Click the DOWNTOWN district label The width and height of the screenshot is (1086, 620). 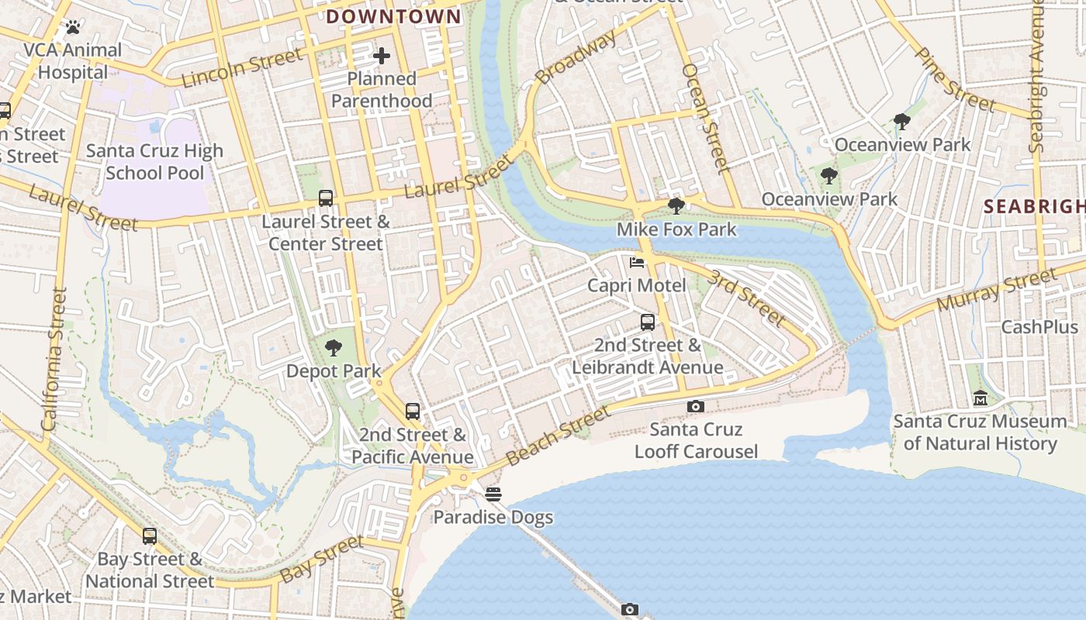click(x=393, y=16)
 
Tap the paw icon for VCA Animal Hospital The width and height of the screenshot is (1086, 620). click(x=74, y=27)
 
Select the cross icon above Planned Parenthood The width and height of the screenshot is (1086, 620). click(x=381, y=56)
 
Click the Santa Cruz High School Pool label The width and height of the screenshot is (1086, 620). click(x=154, y=162)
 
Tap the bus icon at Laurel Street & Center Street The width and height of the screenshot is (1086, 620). click(x=326, y=198)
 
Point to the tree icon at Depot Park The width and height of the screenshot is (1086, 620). click(x=334, y=347)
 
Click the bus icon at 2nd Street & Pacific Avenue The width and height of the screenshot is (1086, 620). click(x=413, y=412)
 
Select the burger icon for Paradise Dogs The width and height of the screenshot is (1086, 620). click(x=493, y=494)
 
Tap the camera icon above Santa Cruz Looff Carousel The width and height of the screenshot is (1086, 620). click(x=696, y=406)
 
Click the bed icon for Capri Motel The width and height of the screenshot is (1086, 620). click(x=637, y=262)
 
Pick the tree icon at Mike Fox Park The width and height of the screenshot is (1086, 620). click(x=676, y=206)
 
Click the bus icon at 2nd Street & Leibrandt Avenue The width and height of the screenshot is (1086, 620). click(x=648, y=322)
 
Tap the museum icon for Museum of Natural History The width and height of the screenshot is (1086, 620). click(x=981, y=398)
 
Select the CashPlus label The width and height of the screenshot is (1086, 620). click(x=1039, y=327)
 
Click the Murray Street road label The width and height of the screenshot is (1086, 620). click(x=997, y=290)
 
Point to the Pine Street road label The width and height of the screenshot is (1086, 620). click(x=955, y=79)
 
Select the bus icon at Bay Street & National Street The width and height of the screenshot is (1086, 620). click(x=150, y=536)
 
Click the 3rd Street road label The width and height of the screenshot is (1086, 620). click(x=746, y=298)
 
